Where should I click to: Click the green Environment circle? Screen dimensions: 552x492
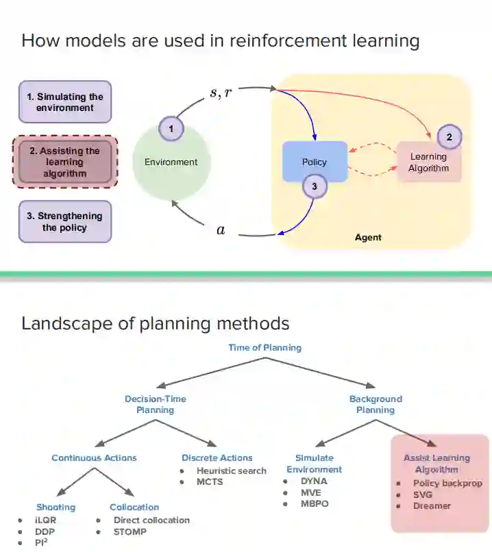coord(171,162)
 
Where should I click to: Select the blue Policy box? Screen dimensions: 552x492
coord(315,162)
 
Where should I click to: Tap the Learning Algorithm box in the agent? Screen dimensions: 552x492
coord(428,162)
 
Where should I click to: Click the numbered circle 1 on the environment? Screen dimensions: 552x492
coord(171,128)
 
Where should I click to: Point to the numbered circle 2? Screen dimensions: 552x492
coord(449,137)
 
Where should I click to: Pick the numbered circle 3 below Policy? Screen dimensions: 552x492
coord(315,186)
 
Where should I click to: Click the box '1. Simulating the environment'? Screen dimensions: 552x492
coord(65,102)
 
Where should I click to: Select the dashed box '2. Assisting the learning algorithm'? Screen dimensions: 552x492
coord(65,162)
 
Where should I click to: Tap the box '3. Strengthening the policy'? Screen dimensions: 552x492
coord(65,221)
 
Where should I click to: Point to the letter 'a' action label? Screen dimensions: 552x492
coord(220,231)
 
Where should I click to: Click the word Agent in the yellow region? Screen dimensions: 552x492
coord(368,238)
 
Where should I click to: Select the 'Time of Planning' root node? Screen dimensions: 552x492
coord(265,347)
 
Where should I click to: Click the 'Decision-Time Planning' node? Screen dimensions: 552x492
coord(155,404)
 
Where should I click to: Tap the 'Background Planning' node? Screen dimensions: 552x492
coord(376,404)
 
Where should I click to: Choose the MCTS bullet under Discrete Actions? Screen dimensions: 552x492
coord(210,481)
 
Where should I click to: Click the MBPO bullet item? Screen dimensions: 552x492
coord(315,504)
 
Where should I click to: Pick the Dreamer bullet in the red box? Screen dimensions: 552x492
coord(432,505)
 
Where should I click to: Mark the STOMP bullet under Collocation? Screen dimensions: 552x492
coord(130,531)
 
